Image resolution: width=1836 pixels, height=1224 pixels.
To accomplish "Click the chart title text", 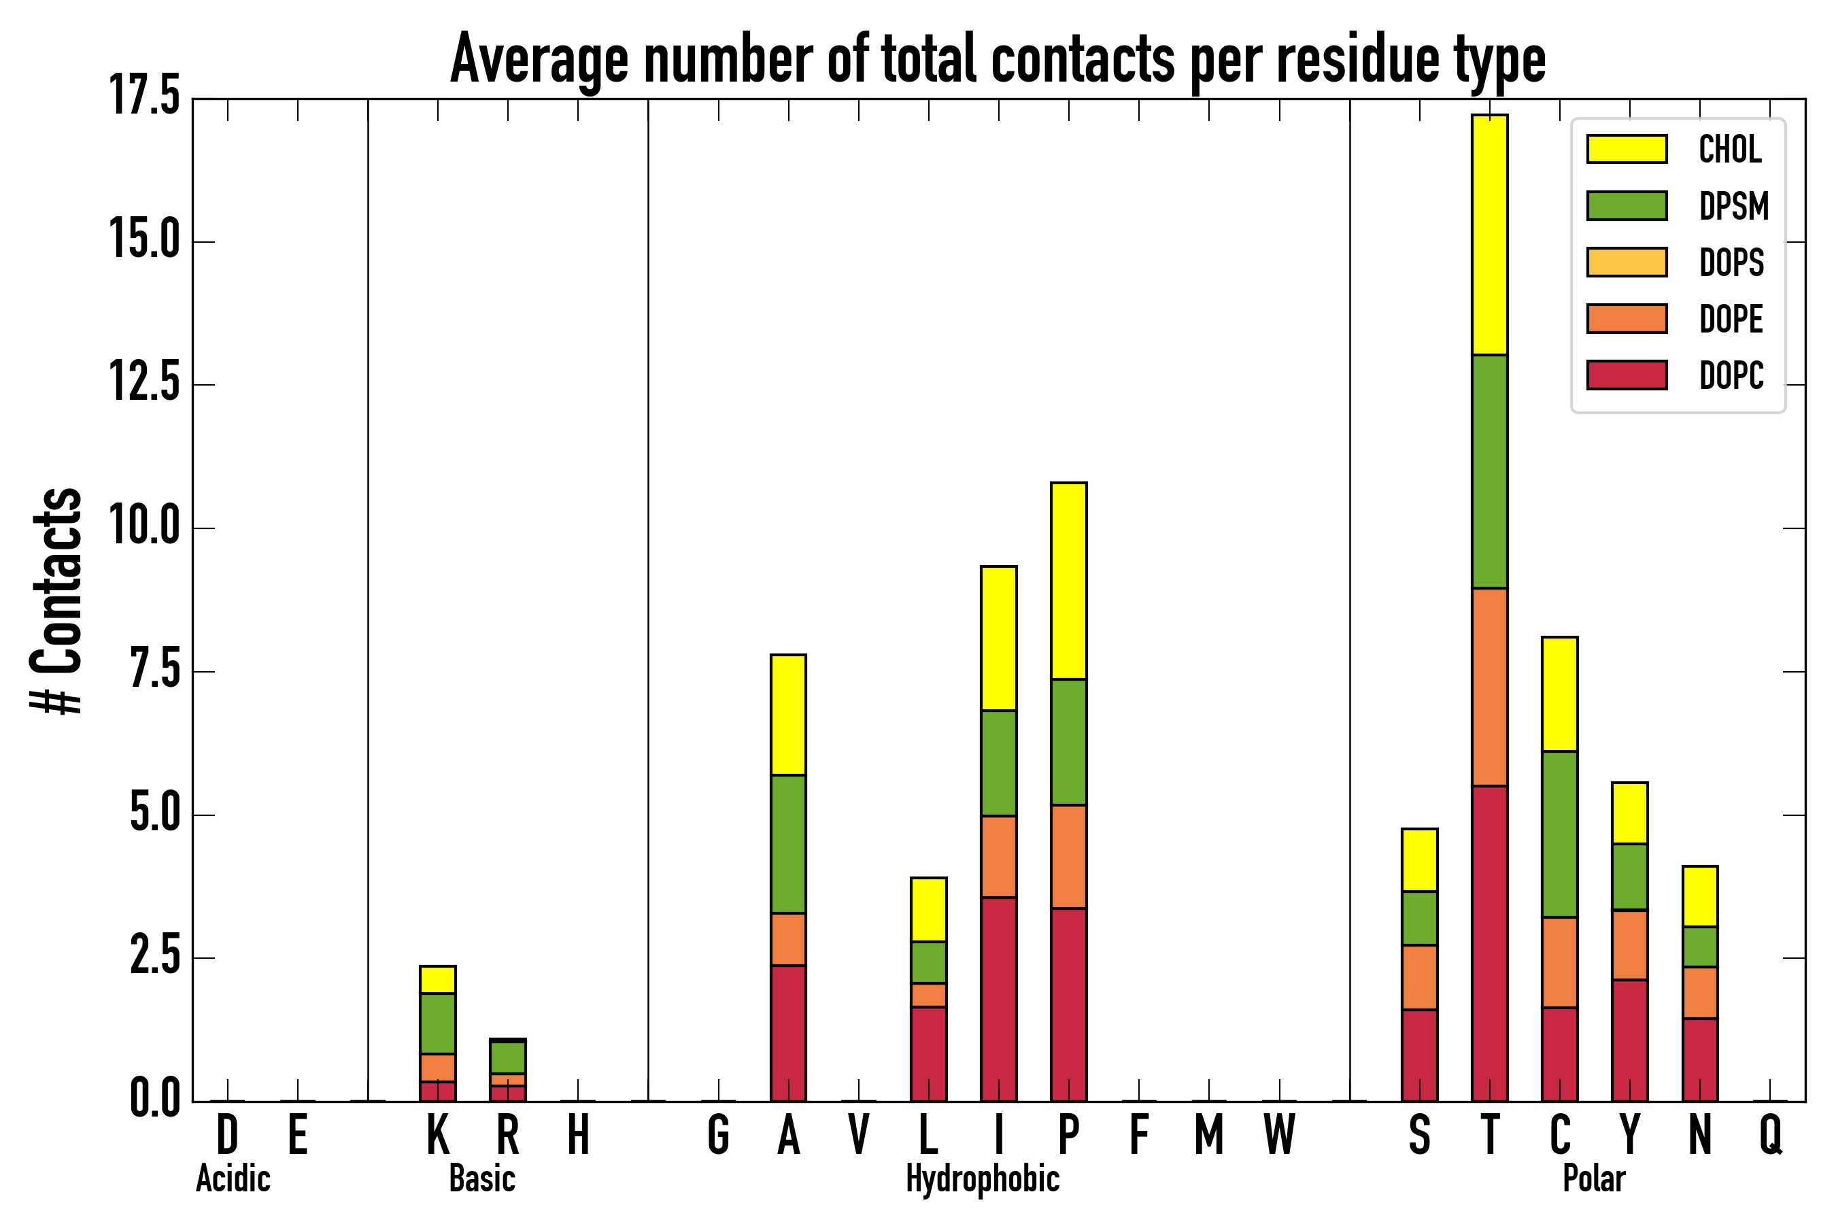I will click(x=998, y=59).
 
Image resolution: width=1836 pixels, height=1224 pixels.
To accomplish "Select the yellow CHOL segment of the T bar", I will click(x=1489, y=234).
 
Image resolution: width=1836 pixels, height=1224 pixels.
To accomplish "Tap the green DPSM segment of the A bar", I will click(x=788, y=844).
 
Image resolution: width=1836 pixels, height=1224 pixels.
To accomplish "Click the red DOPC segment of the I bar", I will click(x=998, y=999).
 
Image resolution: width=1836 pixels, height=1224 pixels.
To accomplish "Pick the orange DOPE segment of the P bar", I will click(x=1069, y=856).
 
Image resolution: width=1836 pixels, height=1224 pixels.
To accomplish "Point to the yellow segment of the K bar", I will click(x=438, y=980).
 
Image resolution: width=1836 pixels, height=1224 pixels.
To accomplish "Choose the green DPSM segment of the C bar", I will click(x=1560, y=834).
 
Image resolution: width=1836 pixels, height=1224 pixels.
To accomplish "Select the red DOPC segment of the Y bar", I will click(x=1630, y=1040).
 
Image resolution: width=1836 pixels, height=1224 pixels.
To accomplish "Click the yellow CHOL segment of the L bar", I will click(x=929, y=909).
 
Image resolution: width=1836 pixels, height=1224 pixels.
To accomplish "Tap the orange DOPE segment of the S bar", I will click(x=1419, y=977).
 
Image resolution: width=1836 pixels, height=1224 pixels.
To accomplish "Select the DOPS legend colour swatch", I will click(x=1627, y=262).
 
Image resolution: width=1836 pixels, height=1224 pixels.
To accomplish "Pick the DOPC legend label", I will click(x=1731, y=375).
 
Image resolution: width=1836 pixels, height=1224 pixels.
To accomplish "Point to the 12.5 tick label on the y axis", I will click(x=144, y=384).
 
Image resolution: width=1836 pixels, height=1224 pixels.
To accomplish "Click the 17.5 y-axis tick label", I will click(x=144, y=97).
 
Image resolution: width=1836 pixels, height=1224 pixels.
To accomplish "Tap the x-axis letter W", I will click(x=1280, y=1134).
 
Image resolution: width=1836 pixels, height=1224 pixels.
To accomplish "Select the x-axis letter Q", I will click(x=1771, y=1134).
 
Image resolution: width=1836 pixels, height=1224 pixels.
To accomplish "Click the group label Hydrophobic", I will click(x=982, y=1178).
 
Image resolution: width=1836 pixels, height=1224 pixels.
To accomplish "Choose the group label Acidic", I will click(x=233, y=1178).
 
